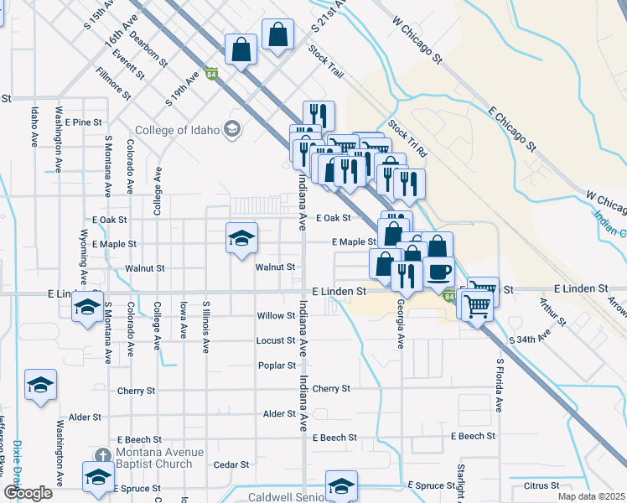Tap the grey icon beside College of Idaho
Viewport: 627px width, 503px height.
(x=232, y=130)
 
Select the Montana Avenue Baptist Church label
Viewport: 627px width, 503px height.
(x=159, y=458)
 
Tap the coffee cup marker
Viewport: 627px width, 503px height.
(x=438, y=271)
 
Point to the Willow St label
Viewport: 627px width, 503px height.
(x=276, y=316)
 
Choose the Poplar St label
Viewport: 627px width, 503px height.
(x=277, y=366)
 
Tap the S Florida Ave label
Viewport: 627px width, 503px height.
(x=499, y=385)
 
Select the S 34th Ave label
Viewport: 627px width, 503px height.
(x=531, y=339)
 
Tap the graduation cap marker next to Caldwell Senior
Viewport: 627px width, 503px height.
(x=341, y=485)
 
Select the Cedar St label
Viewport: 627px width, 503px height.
(x=231, y=464)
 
